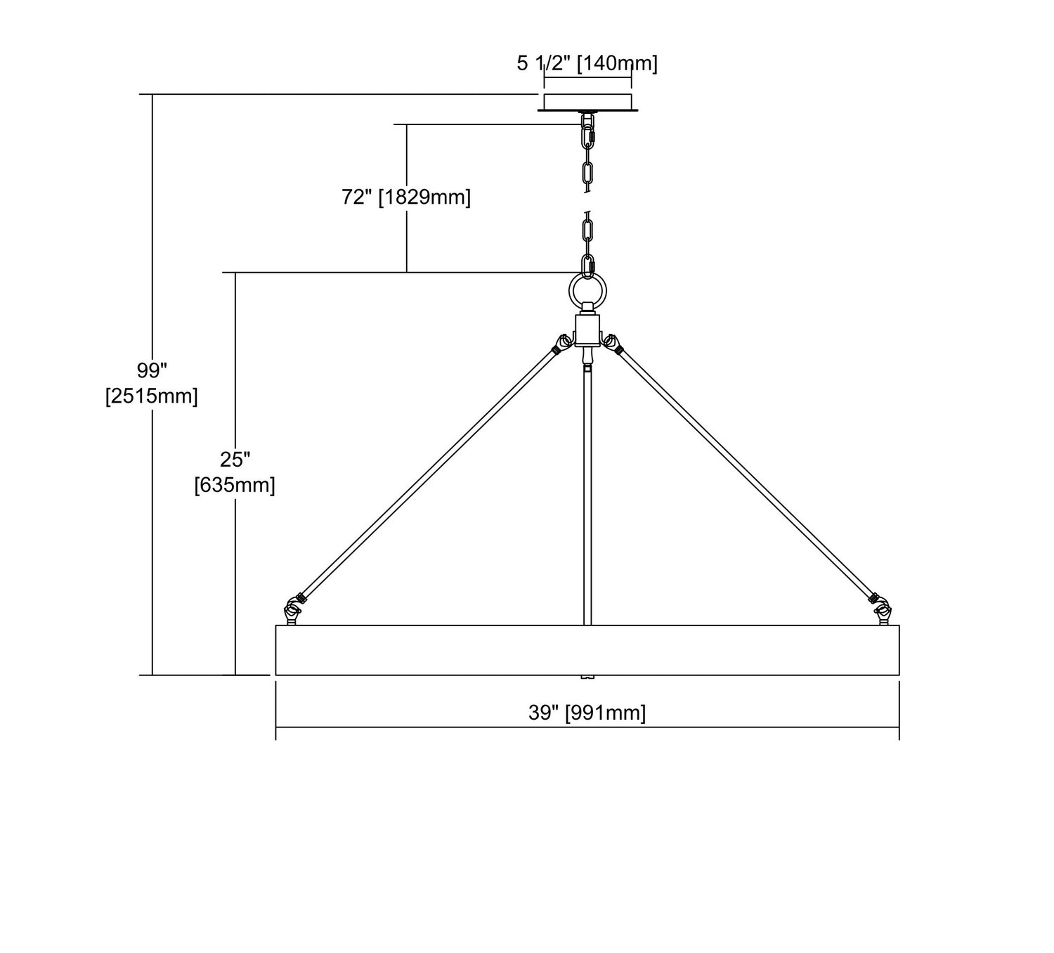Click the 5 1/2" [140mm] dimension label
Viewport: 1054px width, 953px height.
[587, 64]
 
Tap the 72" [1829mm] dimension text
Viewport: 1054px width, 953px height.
[406, 197]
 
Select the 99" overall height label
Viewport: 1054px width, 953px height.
[152, 370]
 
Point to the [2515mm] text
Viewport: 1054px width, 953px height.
[152, 396]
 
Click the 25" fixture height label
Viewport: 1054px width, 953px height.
[235, 459]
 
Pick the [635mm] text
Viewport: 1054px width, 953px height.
[235, 485]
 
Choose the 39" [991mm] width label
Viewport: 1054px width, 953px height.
[587, 713]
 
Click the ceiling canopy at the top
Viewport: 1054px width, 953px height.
[587, 102]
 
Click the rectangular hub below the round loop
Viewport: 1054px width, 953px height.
[587, 330]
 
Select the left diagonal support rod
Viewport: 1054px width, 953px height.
[429, 472]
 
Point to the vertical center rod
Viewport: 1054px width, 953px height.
[587, 492]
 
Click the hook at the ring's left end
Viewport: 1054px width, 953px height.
[292, 611]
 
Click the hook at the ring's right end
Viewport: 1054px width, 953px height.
[882, 611]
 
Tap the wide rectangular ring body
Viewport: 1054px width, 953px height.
[587, 650]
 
